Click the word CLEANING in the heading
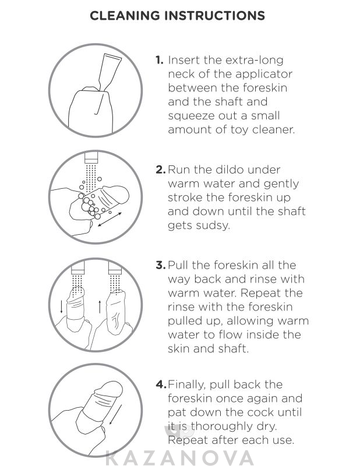(125, 16)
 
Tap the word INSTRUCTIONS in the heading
(214, 16)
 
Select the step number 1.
(160, 60)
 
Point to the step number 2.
(161, 170)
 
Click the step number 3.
(161, 265)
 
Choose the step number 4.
(161, 384)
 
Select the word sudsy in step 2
(214, 225)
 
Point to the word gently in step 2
(281, 184)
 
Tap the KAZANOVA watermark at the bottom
(179, 458)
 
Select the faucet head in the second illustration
(91, 158)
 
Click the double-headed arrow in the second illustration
(110, 220)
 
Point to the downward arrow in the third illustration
(62, 307)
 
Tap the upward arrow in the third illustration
(100, 306)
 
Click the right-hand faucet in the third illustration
(115, 269)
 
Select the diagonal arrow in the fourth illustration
(116, 414)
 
